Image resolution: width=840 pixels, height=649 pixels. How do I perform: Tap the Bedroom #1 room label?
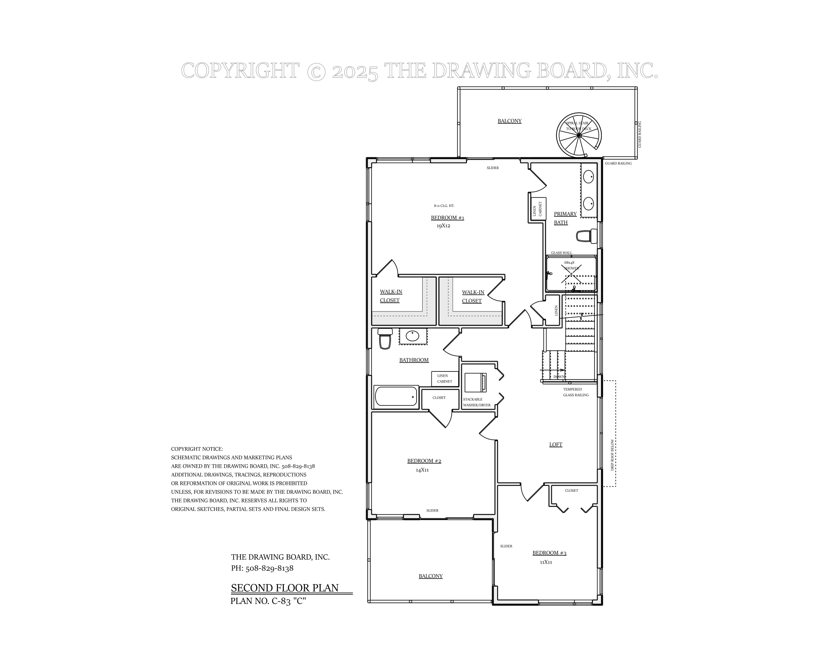coord(447,218)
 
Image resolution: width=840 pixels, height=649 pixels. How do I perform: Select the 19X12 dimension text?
coord(443,226)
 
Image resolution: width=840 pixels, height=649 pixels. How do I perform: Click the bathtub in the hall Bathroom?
coord(396,396)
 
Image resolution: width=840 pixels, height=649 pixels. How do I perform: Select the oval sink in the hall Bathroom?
coord(412,336)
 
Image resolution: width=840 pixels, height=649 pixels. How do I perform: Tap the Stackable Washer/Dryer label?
coord(477,402)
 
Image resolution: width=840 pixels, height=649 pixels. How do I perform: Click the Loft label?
coord(556,444)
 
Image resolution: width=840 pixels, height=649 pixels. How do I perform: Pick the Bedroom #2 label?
coord(424,461)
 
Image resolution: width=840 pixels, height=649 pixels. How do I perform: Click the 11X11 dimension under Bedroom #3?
coord(545,562)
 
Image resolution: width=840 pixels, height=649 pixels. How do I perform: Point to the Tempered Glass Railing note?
coord(575,392)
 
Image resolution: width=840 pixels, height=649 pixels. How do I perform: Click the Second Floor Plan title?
coord(284,588)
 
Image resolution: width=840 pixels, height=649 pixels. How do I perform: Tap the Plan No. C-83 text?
coord(268,601)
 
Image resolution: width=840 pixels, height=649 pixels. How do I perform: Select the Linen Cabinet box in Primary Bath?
coord(537,209)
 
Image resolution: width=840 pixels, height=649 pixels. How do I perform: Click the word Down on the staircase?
coord(559,377)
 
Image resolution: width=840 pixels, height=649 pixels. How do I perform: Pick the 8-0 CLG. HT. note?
coord(444,206)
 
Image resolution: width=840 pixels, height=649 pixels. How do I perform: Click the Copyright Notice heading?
coord(197,449)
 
